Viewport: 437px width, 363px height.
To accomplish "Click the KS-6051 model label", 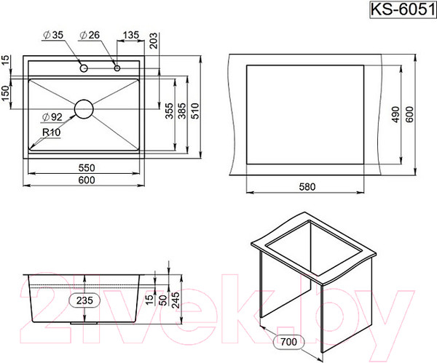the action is point(403,10).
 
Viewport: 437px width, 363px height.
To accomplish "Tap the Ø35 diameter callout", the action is point(53,35).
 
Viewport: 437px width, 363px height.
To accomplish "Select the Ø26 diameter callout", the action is point(90,35).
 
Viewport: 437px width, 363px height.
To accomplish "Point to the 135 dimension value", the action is point(130,35).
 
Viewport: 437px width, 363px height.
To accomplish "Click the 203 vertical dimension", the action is point(154,41).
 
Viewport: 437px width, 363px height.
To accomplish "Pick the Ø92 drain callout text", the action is point(52,117).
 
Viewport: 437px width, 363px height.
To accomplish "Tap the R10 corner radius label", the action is point(51,132).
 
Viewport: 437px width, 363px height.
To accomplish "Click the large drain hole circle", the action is point(84,109).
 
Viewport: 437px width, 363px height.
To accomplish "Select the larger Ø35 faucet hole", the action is point(84,68).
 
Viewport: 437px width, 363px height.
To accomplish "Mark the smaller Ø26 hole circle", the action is point(117,68).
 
